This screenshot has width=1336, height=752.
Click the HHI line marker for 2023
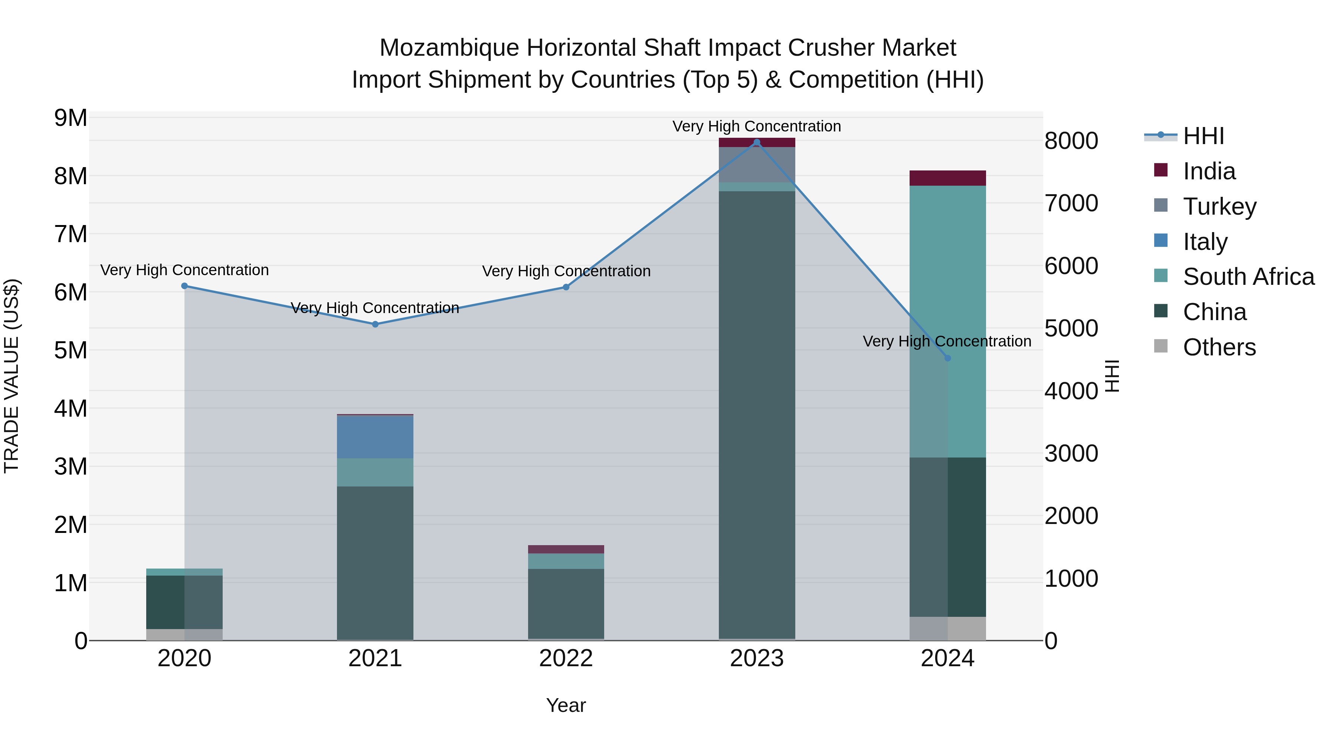757,142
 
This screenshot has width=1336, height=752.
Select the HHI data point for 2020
184,286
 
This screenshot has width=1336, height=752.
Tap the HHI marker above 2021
375,324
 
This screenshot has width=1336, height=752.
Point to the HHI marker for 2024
947,358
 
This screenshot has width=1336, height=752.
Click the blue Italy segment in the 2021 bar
375,437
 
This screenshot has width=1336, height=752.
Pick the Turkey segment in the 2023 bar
757,165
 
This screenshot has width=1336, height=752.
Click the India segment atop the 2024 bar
947,178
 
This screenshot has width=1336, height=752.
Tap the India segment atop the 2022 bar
566,549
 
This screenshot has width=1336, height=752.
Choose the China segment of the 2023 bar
757,415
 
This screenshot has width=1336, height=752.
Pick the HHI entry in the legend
1203,136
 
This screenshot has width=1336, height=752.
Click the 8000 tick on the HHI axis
1071,141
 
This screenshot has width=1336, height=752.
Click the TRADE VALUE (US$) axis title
12,376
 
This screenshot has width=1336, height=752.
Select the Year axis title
566,705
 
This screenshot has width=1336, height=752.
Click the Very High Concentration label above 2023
757,126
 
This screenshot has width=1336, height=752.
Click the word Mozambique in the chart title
449,48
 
